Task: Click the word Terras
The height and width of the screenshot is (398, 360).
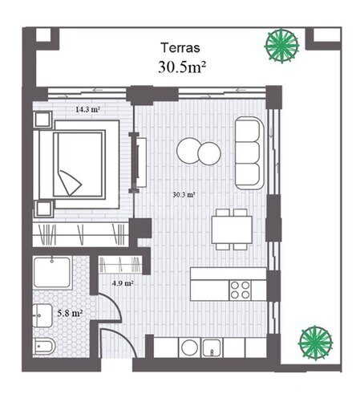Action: coord(180,48)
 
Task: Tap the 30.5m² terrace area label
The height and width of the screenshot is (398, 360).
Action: coord(182,67)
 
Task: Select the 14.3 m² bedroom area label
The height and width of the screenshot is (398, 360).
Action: coord(87,109)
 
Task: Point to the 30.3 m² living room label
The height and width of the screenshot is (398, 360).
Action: coord(184,195)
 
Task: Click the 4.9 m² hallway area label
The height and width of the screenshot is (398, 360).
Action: coord(123,283)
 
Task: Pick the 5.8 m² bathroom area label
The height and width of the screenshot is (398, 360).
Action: coord(70,313)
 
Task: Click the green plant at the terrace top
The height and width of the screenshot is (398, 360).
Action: coord(281,46)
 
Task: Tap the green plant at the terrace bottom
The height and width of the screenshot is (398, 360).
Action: coord(315,343)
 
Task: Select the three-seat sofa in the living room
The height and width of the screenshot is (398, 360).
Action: coord(249,153)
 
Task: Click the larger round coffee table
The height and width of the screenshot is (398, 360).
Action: coord(188,150)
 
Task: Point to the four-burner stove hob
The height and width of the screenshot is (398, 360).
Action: coord(240,290)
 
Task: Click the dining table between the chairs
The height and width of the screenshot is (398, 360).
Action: coord(232,229)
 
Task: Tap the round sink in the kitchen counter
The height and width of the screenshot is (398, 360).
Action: coord(189,347)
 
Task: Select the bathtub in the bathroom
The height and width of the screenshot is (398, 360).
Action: coord(52,272)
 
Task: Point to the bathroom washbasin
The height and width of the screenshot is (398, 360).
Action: coord(42,315)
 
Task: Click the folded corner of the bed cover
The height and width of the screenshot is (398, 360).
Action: coord(70,182)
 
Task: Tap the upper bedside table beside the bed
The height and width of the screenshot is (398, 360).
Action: coord(42,120)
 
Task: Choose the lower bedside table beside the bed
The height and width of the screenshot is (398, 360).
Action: coord(44,209)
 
